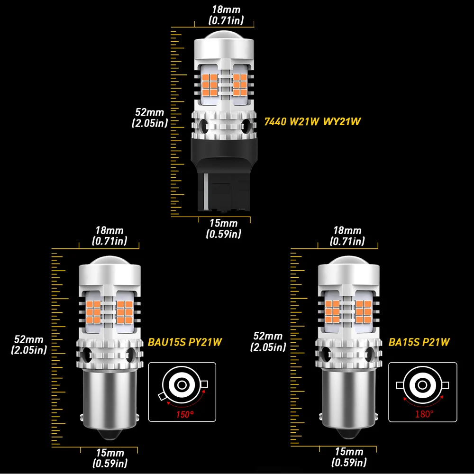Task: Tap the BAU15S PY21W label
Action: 185,341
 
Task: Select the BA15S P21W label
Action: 418,341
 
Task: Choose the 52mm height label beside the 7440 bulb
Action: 149,118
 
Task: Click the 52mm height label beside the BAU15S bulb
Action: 29,345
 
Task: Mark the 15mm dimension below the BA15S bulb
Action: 349,457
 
